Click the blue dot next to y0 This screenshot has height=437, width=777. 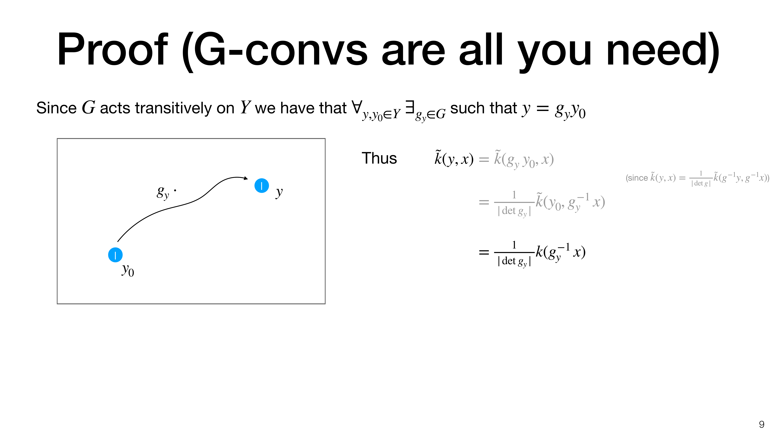click(115, 255)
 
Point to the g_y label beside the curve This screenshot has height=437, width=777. click(163, 192)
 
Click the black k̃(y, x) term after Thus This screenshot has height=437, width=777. click(454, 158)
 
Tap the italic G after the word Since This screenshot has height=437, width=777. click(88, 107)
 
